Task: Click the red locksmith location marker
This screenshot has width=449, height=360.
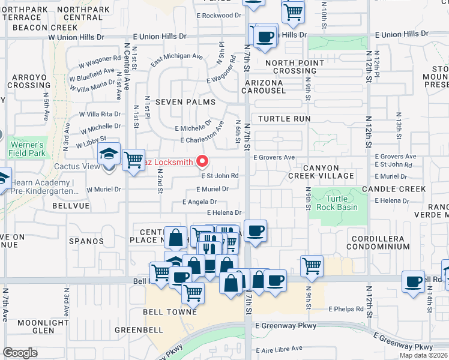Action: pos(202,161)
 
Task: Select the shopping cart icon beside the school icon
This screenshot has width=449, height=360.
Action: pos(133,160)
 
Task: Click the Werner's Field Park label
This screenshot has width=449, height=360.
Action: pos(26,149)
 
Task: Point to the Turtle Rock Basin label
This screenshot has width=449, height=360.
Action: pos(342,203)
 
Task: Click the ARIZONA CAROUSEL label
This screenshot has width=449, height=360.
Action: pos(263,86)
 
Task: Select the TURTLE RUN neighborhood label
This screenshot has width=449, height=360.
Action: pos(285,119)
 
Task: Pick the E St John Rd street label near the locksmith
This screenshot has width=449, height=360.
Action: pos(220,176)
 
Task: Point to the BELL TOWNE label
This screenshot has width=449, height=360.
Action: pos(170,312)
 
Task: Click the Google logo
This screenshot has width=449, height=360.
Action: pos(20,353)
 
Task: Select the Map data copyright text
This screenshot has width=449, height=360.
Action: pos(423,355)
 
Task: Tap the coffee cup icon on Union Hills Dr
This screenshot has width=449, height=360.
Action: pos(265,36)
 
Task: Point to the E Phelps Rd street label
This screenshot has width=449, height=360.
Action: pos(346,309)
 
